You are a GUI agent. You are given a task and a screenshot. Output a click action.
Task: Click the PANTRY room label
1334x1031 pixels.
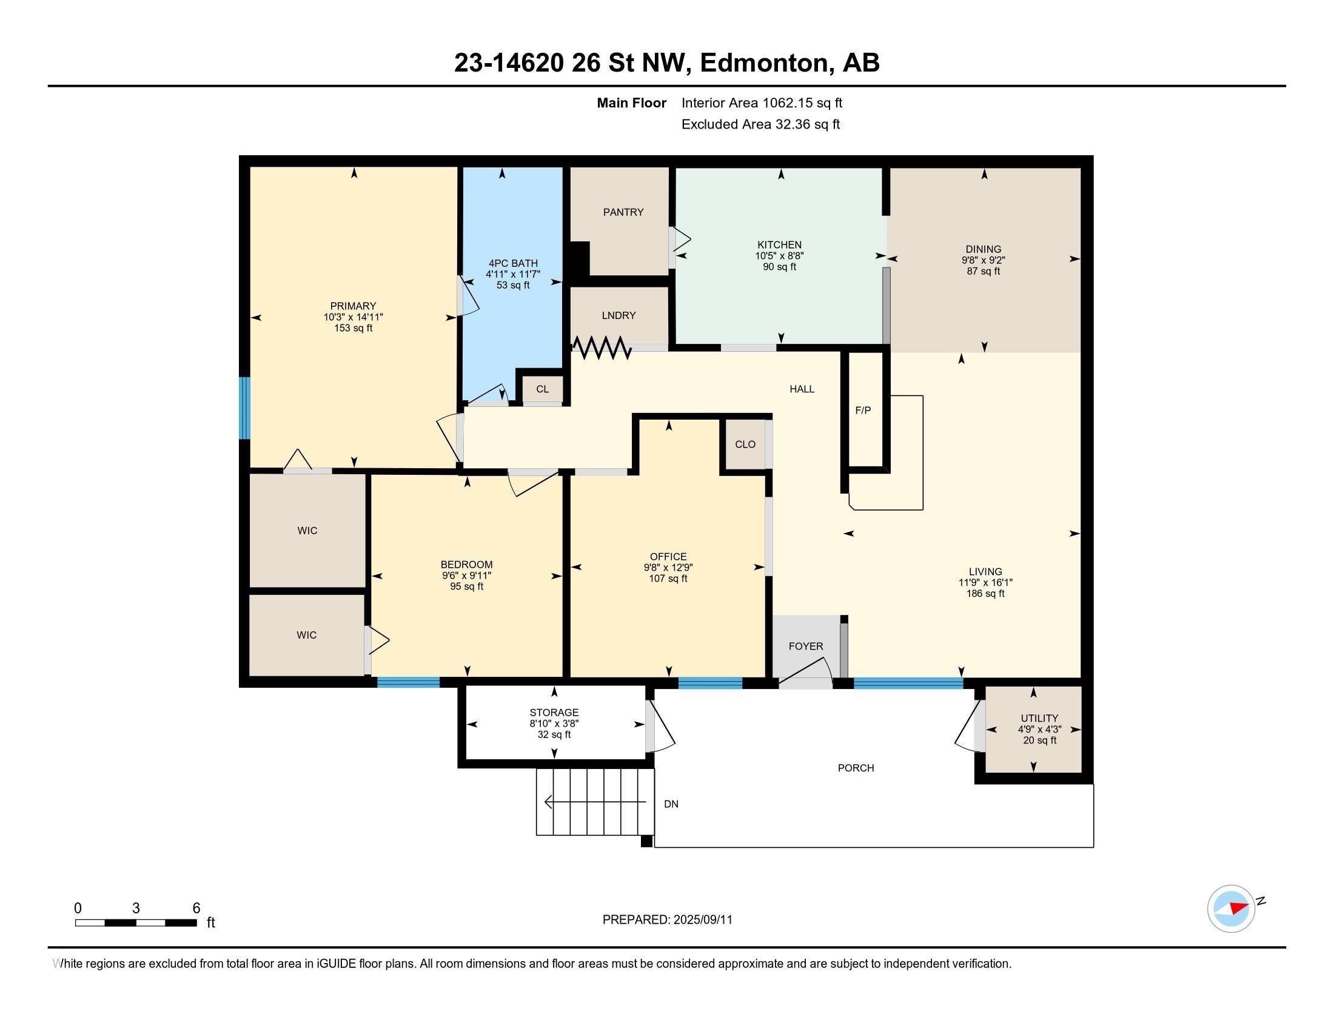[x=623, y=212]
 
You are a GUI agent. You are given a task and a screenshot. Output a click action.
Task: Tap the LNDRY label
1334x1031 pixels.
[x=618, y=315]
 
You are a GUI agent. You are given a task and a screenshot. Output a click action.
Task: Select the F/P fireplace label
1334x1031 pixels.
[x=862, y=411]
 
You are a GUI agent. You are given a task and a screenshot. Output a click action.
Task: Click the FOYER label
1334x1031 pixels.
[x=806, y=646]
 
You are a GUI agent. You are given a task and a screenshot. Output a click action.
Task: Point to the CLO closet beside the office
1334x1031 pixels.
[x=745, y=444]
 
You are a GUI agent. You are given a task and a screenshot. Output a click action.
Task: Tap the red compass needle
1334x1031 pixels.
[x=1239, y=908]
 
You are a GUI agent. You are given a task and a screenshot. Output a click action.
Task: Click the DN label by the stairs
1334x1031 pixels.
[x=671, y=804]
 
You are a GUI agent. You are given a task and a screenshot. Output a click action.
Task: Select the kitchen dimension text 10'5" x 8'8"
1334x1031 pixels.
[x=779, y=256]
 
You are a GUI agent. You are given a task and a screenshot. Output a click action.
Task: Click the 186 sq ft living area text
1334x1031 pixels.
[x=985, y=593]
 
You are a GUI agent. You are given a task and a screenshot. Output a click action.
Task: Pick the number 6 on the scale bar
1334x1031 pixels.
[x=196, y=908]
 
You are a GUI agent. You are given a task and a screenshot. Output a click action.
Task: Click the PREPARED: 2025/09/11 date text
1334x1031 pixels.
[x=668, y=920]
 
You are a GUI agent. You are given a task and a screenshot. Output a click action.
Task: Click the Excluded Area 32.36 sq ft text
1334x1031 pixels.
[x=760, y=124]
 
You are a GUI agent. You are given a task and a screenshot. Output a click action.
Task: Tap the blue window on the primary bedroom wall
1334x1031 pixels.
[x=244, y=408]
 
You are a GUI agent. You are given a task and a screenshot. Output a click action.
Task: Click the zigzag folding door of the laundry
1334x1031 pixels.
[x=601, y=348]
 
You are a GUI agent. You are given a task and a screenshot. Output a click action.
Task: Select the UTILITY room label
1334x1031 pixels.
[x=1039, y=718]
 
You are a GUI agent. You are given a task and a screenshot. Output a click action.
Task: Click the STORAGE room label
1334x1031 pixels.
[x=554, y=712]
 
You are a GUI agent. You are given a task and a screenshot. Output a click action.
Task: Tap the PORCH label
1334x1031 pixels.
[x=856, y=768]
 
